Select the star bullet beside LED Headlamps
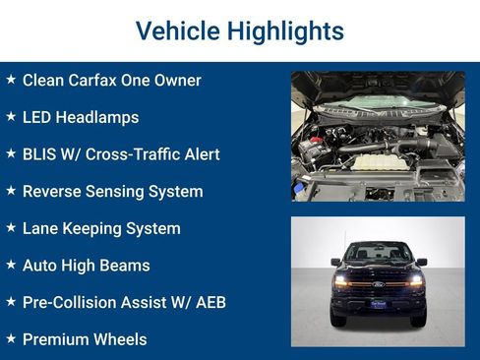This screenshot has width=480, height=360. click(11, 117)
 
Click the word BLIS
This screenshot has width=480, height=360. click(40, 154)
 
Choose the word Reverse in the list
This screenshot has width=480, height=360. click(52, 192)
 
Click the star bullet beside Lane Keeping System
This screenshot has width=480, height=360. click(11, 228)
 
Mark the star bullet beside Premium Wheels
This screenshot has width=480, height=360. click(11, 339)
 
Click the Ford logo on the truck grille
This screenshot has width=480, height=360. click(378, 282)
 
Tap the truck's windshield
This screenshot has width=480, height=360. click(378, 252)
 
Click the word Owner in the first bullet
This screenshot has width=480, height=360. click(177, 80)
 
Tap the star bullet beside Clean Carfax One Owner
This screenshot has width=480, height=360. click(11, 80)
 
